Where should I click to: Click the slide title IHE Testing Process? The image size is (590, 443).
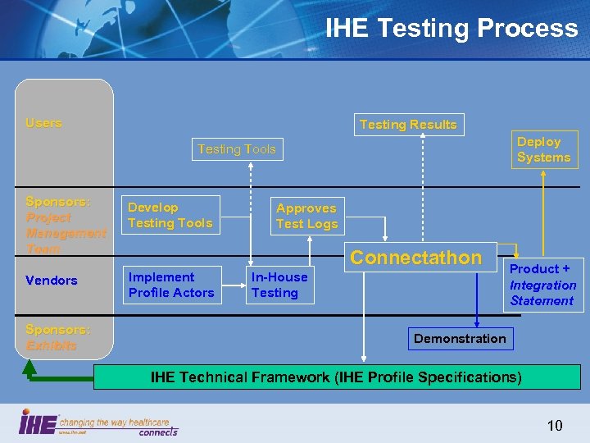452,29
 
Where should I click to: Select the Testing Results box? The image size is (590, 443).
408,125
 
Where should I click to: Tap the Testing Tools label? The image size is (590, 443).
237,149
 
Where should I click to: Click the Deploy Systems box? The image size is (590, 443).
544,149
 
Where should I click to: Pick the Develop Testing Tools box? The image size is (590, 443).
170,215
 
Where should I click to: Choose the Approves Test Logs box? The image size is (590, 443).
306,216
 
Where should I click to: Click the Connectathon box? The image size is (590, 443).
416,258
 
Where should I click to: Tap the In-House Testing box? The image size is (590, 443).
279,285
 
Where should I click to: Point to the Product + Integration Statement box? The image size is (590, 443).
543,285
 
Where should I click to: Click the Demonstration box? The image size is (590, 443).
460,339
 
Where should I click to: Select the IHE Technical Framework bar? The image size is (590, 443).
336,377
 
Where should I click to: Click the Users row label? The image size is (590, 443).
43,123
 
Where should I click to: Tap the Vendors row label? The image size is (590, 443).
52,281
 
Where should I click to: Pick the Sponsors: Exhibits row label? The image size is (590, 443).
57,337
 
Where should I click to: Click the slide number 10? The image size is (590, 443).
555,425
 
